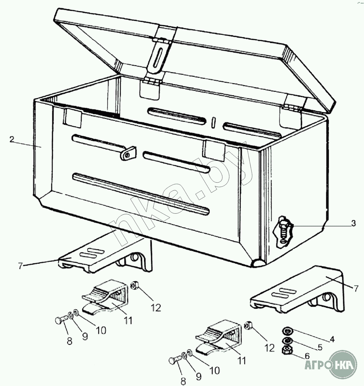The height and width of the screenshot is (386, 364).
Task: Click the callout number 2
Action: pos(12,139)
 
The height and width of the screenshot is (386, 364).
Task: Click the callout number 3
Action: pos(353,224)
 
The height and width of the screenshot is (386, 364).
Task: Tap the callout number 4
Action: pos(332,339)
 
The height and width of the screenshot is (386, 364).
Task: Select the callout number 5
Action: pos(320,347)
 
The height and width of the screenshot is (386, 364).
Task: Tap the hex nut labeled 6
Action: pos(286,350)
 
